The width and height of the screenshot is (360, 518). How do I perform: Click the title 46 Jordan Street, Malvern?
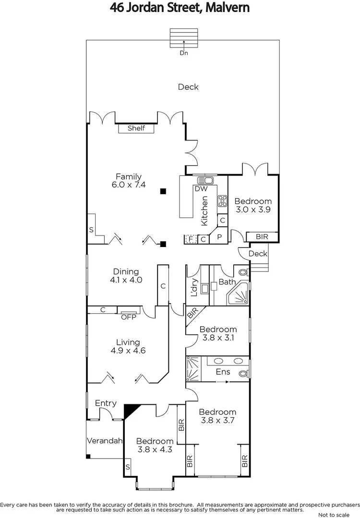180,8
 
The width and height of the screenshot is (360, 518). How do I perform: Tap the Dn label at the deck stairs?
183,53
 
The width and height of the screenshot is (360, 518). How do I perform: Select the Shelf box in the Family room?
136,128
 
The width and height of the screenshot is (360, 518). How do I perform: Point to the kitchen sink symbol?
206,180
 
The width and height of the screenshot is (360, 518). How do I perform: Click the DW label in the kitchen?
201,189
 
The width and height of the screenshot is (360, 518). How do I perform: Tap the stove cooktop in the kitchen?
222,201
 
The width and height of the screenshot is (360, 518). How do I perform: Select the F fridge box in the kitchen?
191,239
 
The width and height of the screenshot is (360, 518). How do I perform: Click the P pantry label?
218,237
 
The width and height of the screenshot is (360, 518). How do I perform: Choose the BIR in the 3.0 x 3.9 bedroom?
262,237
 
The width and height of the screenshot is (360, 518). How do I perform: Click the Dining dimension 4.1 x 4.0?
126,280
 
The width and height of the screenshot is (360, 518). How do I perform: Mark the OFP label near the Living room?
128,317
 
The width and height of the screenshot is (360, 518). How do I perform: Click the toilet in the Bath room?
243,272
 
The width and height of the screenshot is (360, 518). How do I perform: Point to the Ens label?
223,372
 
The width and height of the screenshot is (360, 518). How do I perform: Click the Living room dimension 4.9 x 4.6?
128,351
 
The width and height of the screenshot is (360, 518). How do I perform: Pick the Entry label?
106,403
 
